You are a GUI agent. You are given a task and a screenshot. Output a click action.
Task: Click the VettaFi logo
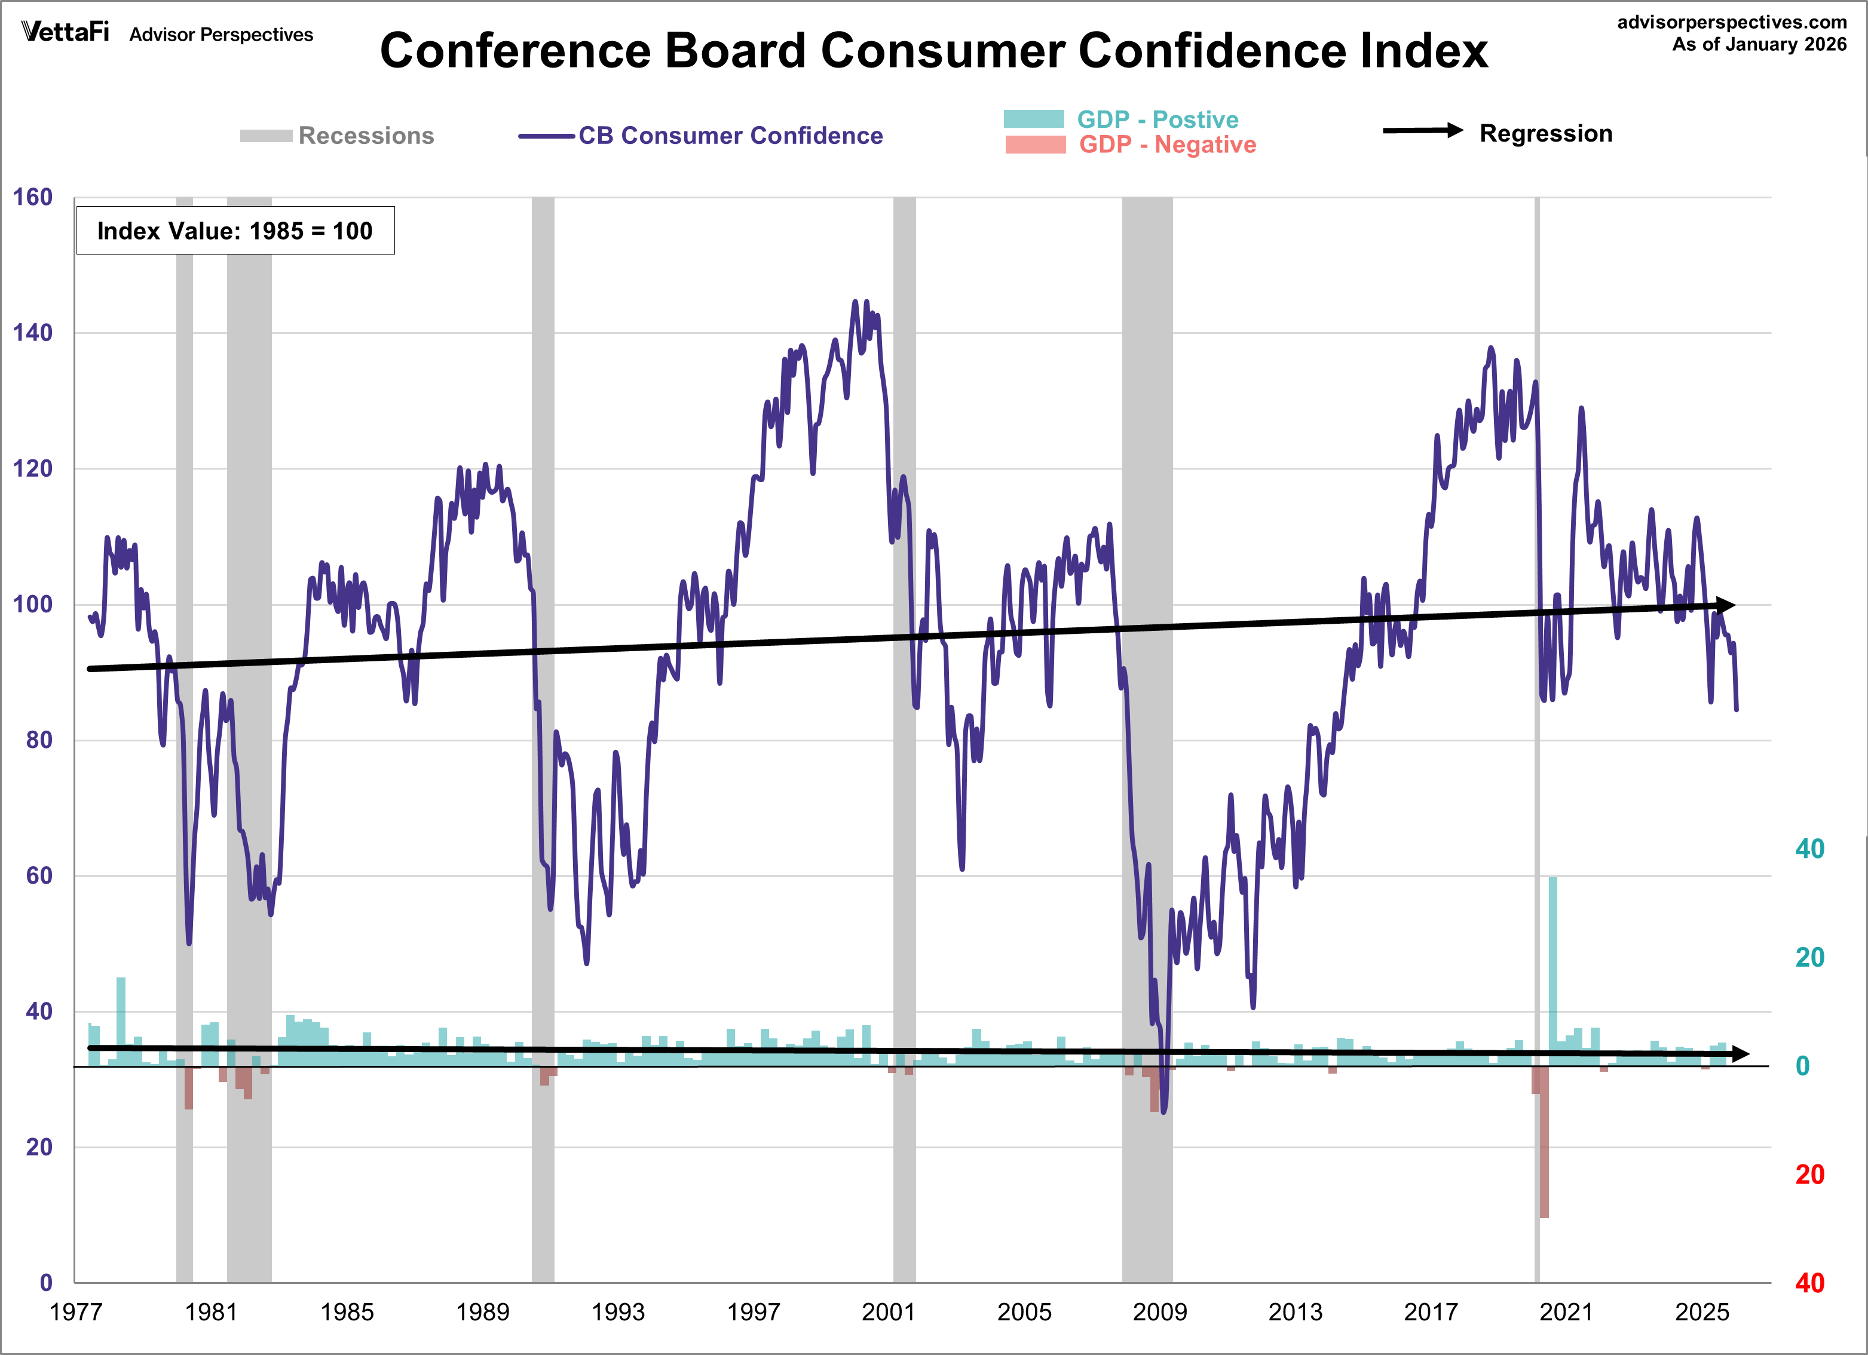[65, 32]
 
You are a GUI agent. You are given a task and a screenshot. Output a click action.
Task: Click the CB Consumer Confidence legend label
[730, 136]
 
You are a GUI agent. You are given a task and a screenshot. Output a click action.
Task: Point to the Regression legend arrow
[1422, 131]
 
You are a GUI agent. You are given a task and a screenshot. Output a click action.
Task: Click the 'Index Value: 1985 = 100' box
[235, 231]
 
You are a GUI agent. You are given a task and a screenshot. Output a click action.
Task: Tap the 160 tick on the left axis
[32, 198]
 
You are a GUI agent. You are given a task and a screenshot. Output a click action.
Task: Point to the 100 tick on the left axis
[32, 605]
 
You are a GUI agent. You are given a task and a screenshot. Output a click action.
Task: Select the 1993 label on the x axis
[618, 1311]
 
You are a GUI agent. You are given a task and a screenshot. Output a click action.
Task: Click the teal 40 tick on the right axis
[1809, 849]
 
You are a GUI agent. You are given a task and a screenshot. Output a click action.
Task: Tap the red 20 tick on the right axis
[1809, 1175]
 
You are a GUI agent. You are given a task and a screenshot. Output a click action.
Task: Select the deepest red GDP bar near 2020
[1544, 1153]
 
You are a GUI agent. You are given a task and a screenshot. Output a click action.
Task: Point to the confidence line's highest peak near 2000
[855, 303]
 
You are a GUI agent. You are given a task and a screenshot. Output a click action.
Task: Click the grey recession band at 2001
[904, 741]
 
